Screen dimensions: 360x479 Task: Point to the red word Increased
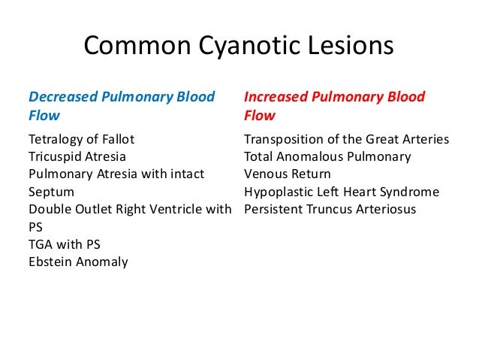tap(275, 97)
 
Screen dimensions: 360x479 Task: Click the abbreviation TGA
tap(41, 244)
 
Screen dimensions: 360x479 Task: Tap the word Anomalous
tap(314, 157)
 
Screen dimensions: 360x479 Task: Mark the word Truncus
tap(329, 209)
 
